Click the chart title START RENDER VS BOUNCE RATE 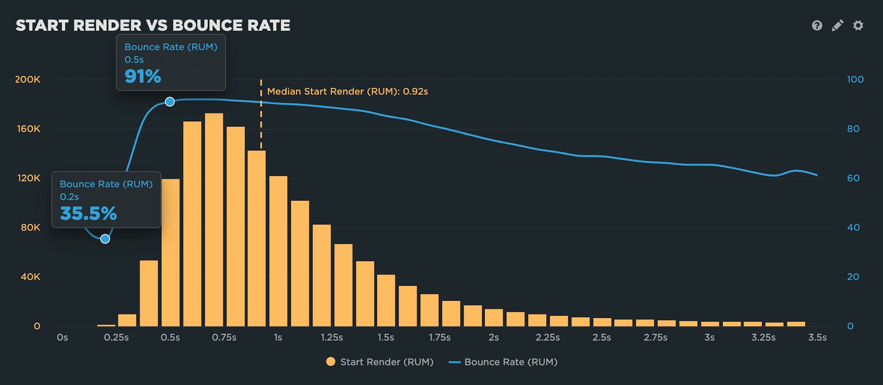[x=153, y=26]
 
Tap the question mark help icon [x=817, y=26]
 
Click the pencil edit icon [x=837, y=26]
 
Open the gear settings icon [x=858, y=26]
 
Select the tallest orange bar [x=214, y=221]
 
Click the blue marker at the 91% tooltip [x=170, y=102]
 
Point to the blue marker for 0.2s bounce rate [x=105, y=239]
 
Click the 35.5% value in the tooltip [x=88, y=214]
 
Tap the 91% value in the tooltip [x=143, y=77]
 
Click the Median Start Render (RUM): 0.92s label [x=347, y=91]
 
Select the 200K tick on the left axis [x=27, y=79]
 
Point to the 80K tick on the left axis [x=30, y=228]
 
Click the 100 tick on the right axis [x=855, y=79]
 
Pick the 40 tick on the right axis [x=853, y=228]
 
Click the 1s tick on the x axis [x=278, y=337]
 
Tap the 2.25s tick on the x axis [x=547, y=337]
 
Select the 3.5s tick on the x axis [x=817, y=337]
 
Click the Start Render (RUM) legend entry [x=380, y=362]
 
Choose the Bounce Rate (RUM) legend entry [x=503, y=362]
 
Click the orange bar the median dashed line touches [x=257, y=238]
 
